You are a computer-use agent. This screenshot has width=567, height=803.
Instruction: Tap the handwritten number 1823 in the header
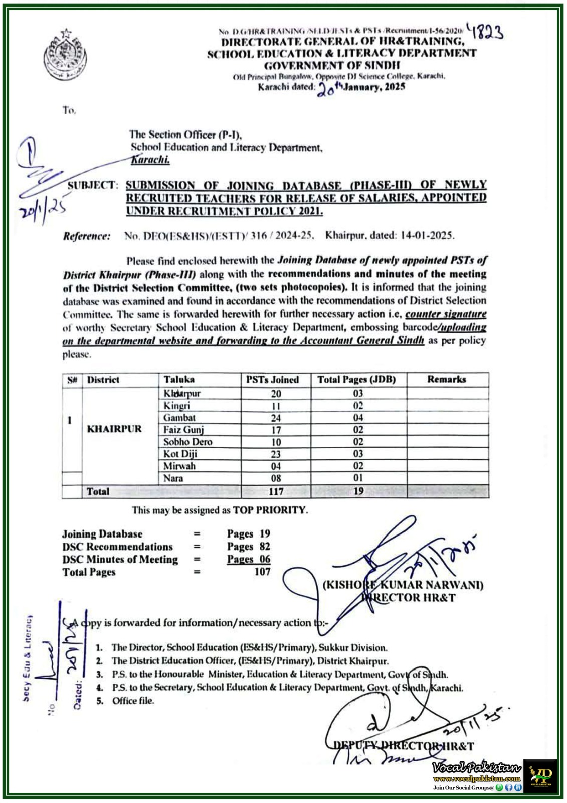[x=485, y=32]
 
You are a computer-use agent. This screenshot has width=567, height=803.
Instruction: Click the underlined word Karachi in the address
[x=150, y=160]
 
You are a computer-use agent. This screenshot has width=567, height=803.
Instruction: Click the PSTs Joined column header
[x=272, y=380]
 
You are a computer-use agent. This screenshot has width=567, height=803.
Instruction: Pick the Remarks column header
[x=446, y=380]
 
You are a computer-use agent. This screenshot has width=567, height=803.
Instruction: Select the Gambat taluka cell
[x=179, y=418]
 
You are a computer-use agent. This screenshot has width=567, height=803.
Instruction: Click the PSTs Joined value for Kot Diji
[x=276, y=454]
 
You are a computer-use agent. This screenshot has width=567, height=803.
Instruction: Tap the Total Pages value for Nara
[x=358, y=478]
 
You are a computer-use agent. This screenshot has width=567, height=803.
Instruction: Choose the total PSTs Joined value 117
[x=276, y=491]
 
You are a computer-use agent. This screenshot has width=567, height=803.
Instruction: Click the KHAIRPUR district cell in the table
[x=114, y=429]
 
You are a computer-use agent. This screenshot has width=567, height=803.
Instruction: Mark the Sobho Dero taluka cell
[x=187, y=442]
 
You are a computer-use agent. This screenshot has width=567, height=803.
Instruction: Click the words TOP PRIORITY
[x=269, y=510]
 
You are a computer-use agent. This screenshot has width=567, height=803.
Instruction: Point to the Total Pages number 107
[x=262, y=572]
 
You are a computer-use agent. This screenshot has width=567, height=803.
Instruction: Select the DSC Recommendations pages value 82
[x=265, y=547]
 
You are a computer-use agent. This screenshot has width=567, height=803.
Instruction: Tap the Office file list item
[x=133, y=701]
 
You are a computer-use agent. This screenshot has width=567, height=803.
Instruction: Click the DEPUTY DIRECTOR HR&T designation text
[x=404, y=746]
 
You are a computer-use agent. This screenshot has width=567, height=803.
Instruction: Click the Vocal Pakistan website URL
[x=476, y=779]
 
